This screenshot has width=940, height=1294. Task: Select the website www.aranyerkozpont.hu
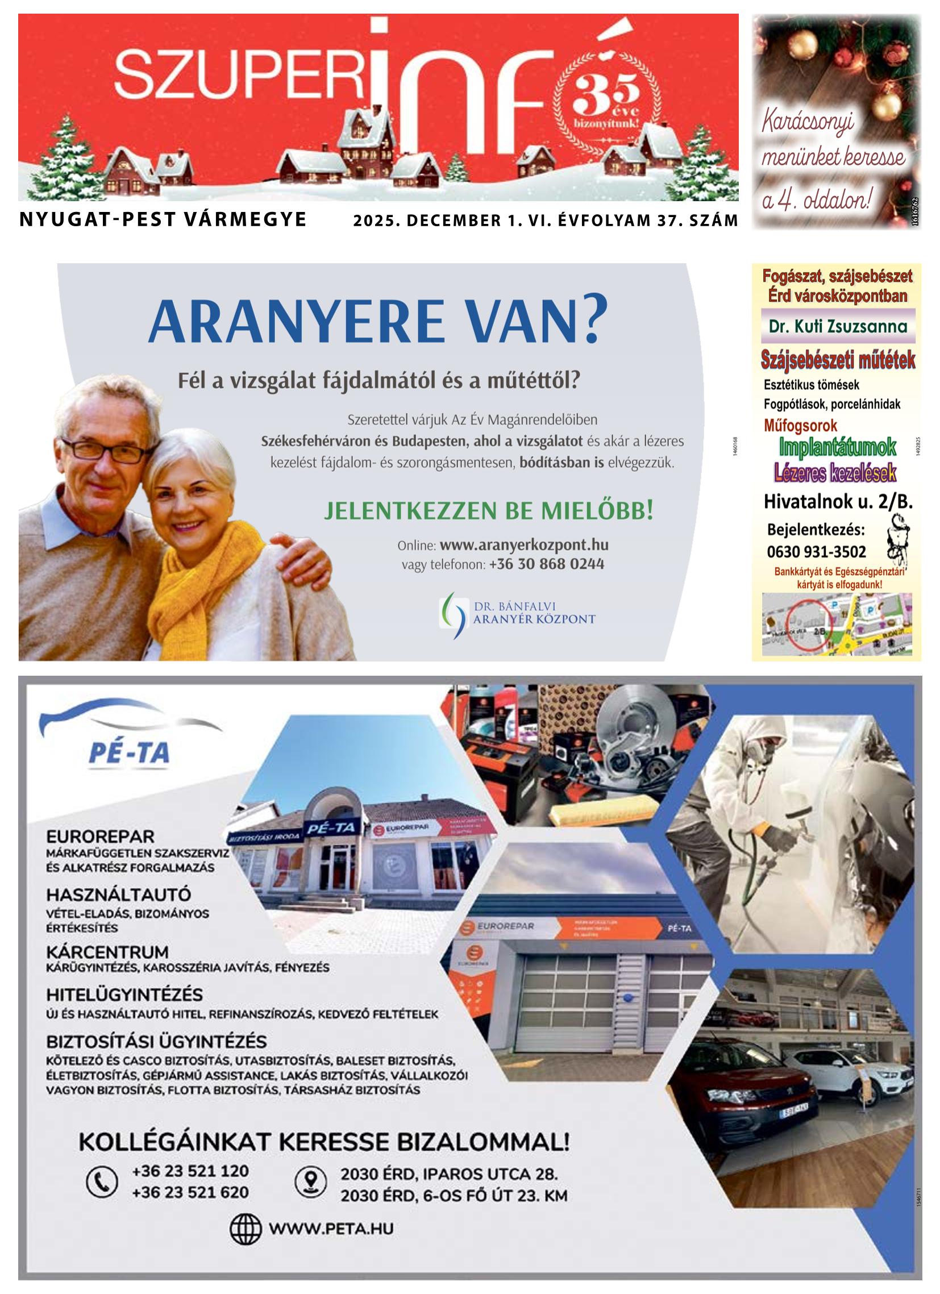[x=523, y=545]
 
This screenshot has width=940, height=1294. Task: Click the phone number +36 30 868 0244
[x=546, y=564]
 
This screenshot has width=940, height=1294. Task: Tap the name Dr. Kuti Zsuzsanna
[x=837, y=326]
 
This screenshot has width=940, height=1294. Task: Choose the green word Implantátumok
[x=837, y=447]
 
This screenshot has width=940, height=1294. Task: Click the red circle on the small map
[x=809, y=623]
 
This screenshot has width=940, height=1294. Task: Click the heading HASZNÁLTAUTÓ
[x=118, y=894]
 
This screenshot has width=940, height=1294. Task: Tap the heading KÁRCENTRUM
[x=107, y=952]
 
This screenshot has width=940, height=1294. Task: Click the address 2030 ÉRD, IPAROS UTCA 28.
[x=448, y=1174]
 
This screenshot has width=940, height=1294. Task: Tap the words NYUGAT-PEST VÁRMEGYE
[x=163, y=220]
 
